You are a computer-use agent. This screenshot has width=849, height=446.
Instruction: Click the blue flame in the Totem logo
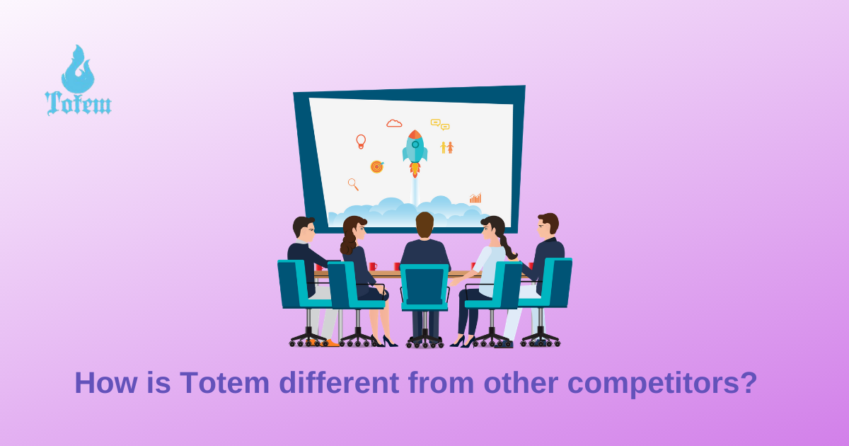78,70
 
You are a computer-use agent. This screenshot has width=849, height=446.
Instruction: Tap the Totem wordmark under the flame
78,103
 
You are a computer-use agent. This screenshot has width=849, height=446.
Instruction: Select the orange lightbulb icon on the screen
361,142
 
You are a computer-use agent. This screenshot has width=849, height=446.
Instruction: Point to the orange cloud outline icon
394,123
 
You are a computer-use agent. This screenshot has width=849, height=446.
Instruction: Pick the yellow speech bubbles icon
440,125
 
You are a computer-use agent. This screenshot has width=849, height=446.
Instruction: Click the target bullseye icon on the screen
377,166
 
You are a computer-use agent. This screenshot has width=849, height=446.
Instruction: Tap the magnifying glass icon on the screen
353,184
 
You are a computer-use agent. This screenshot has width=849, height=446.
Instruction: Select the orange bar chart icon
475,198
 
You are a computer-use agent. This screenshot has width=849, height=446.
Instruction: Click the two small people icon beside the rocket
447,147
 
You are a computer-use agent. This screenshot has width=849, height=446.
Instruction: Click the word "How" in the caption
105,383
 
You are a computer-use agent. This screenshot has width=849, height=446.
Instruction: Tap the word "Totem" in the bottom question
224,383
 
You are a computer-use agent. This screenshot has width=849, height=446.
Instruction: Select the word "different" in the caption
339,383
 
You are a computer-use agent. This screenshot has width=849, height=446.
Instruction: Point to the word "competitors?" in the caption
662,384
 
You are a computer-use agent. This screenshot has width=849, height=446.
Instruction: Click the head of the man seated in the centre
424,226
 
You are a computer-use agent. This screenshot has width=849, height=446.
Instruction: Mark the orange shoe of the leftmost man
330,343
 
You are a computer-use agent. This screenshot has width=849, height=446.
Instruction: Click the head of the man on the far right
548,226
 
